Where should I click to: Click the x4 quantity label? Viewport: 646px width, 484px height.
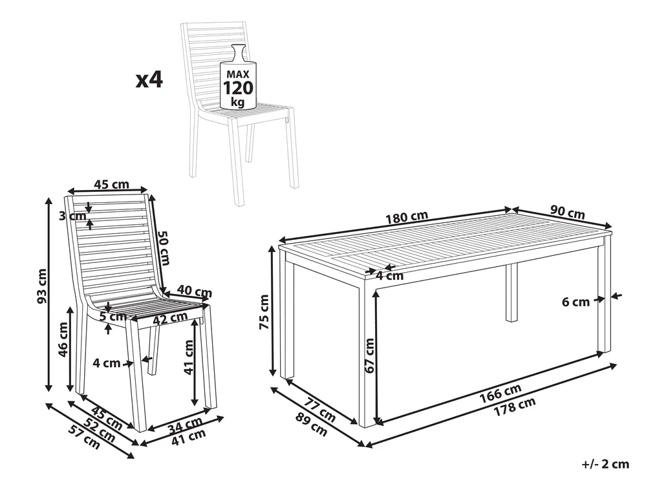(149, 79)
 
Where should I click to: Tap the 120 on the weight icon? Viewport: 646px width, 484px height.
(238, 88)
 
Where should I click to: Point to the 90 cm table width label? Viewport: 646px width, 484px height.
(568, 212)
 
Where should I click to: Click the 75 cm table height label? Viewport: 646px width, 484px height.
(264, 312)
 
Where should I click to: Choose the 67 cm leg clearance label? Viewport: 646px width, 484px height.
(369, 355)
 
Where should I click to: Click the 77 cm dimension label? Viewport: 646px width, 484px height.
(320, 408)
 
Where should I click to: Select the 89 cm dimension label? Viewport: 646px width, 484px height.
(312, 424)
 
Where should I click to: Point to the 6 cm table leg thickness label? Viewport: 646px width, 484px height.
(576, 302)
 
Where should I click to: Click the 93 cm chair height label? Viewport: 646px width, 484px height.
(42, 286)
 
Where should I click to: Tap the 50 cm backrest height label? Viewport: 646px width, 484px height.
(164, 247)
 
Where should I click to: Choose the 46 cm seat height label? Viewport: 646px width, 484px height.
(63, 340)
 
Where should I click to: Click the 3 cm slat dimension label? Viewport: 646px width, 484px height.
(73, 216)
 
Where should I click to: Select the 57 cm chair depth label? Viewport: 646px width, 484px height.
(84, 436)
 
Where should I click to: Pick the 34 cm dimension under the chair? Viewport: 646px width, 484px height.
(186, 425)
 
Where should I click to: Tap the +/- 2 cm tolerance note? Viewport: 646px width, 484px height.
(605, 464)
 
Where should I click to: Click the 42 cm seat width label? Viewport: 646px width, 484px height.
(169, 318)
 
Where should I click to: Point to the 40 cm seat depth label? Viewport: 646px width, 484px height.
(195, 291)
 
